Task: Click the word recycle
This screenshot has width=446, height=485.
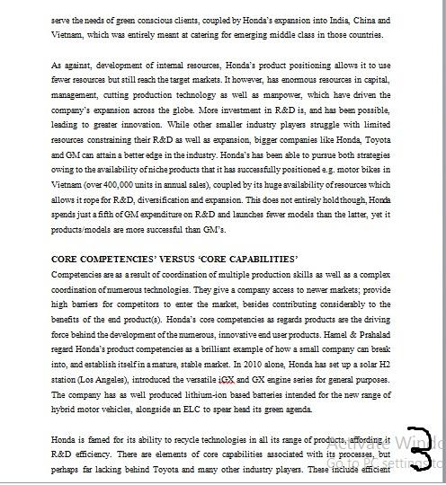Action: click(165, 444)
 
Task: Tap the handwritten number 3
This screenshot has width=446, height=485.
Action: click(420, 446)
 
